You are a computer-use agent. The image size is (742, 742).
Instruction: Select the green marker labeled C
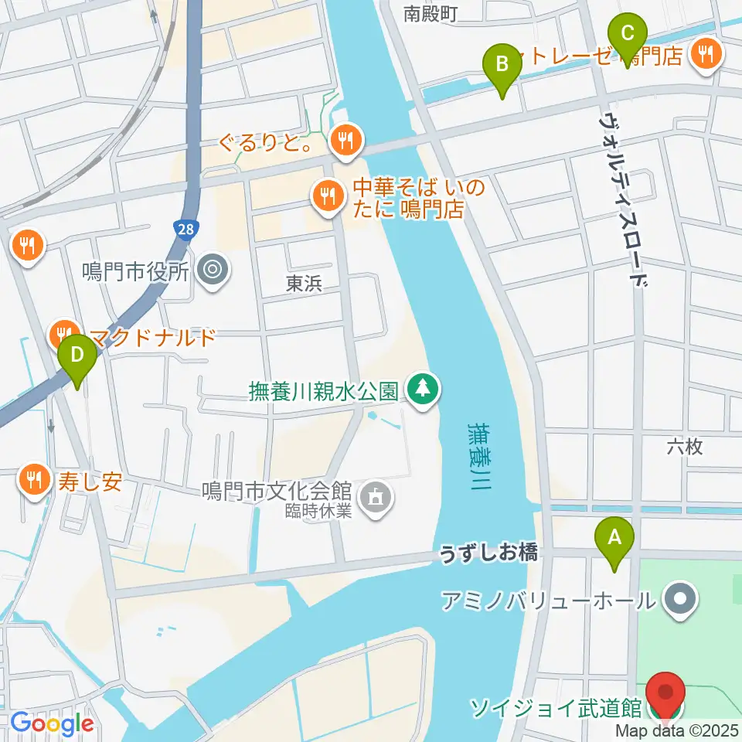627,35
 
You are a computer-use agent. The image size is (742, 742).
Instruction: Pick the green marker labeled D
77,355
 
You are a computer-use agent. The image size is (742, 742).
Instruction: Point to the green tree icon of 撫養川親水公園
422,386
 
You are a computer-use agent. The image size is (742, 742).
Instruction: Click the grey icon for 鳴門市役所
209,270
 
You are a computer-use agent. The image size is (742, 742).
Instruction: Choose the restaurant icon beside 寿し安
32,480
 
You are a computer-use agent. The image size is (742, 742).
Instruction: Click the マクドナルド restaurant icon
63,335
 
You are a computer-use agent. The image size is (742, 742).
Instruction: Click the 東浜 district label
304,284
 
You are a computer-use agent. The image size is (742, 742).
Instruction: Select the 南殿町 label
432,12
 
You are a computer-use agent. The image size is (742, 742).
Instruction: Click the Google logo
52,724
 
